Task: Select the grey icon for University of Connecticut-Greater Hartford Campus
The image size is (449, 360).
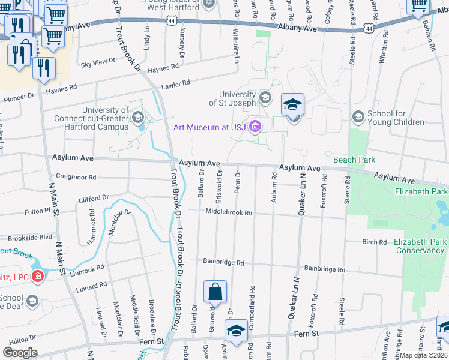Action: (x=138, y=115)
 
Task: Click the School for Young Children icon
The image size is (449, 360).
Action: (x=358, y=116)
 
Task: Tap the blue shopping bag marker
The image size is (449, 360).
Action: (x=215, y=292)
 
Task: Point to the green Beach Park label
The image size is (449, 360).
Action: (x=354, y=160)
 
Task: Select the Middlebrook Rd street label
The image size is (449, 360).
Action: (x=228, y=212)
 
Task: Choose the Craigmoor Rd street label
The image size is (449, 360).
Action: (x=76, y=177)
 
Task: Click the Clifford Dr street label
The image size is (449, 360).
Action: (x=92, y=197)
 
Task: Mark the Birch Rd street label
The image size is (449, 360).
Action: (x=374, y=242)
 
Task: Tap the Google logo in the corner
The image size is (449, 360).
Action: (x=20, y=353)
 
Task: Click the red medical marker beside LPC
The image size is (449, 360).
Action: (x=37, y=276)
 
